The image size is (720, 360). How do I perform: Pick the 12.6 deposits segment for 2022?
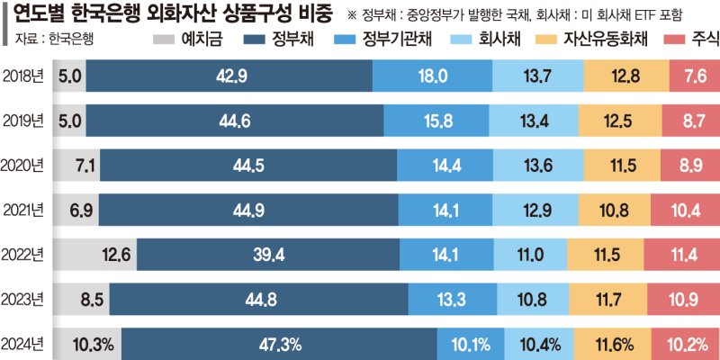click(93, 255)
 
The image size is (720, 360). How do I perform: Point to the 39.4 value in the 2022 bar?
click(267, 255)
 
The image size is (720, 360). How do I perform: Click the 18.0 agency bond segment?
click(433, 76)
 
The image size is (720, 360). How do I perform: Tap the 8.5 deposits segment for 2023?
click(80, 299)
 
